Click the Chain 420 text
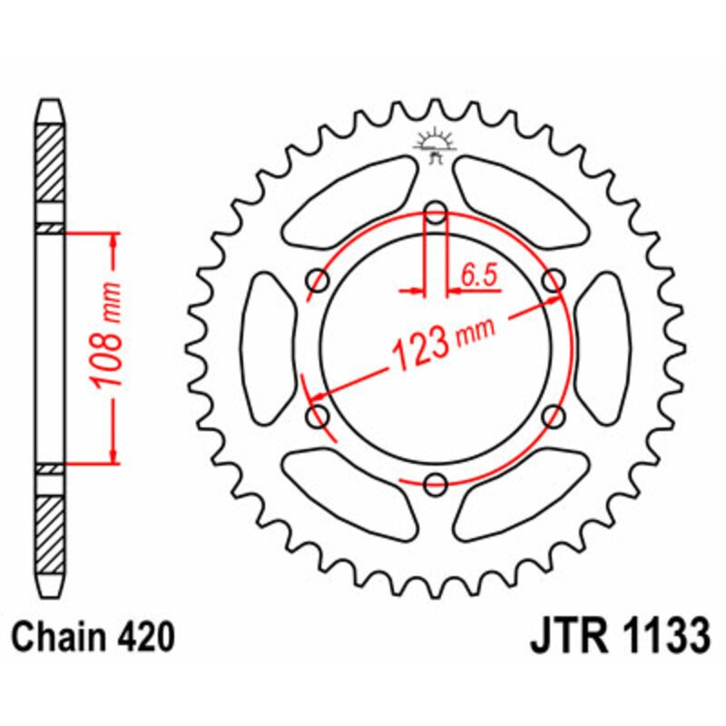(x=93, y=638)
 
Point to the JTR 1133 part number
(x=619, y=637)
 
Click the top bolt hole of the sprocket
(x=437, y=215)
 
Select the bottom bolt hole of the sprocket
(x=437, y=483)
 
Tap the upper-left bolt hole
(x=319, y=281)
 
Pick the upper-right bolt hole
(x=553, y=281)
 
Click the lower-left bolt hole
(x=319, y=417)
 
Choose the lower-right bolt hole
(x=553, y=417)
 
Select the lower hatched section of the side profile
(x=51, y=531)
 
